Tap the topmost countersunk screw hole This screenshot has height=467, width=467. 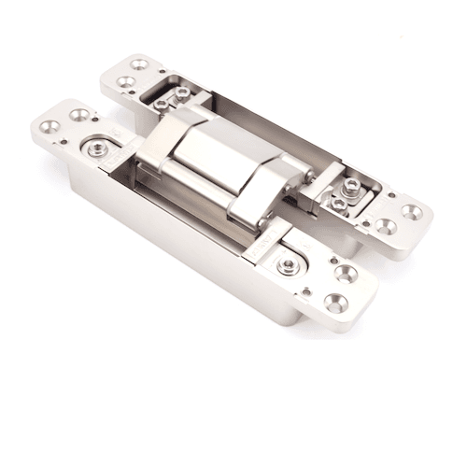coord(140,64)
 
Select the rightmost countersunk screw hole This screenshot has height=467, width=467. coord(412,211)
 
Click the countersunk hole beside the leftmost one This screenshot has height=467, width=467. coord(79,115)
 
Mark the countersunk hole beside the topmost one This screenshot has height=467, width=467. coord(124,82)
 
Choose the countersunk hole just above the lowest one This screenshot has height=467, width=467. coord(347,274)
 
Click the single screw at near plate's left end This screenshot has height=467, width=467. coord(97,149)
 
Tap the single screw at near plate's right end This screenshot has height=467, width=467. coord(289,265)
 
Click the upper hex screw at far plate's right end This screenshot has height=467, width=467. coord(351,186)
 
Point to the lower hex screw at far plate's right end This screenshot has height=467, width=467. coord(338,203)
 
